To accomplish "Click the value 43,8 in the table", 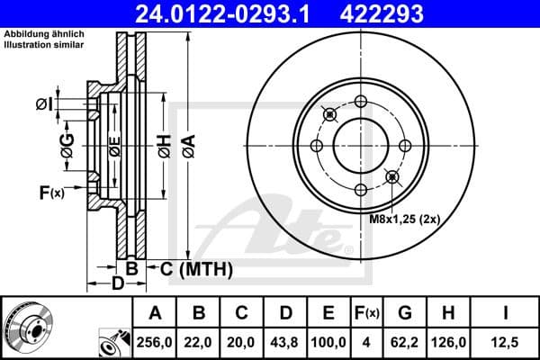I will (x=285, y=343).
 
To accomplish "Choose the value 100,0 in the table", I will (x=328, y=343).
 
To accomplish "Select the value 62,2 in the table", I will (x=404, y=343).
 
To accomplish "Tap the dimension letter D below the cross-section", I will (x=116, y=285).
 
